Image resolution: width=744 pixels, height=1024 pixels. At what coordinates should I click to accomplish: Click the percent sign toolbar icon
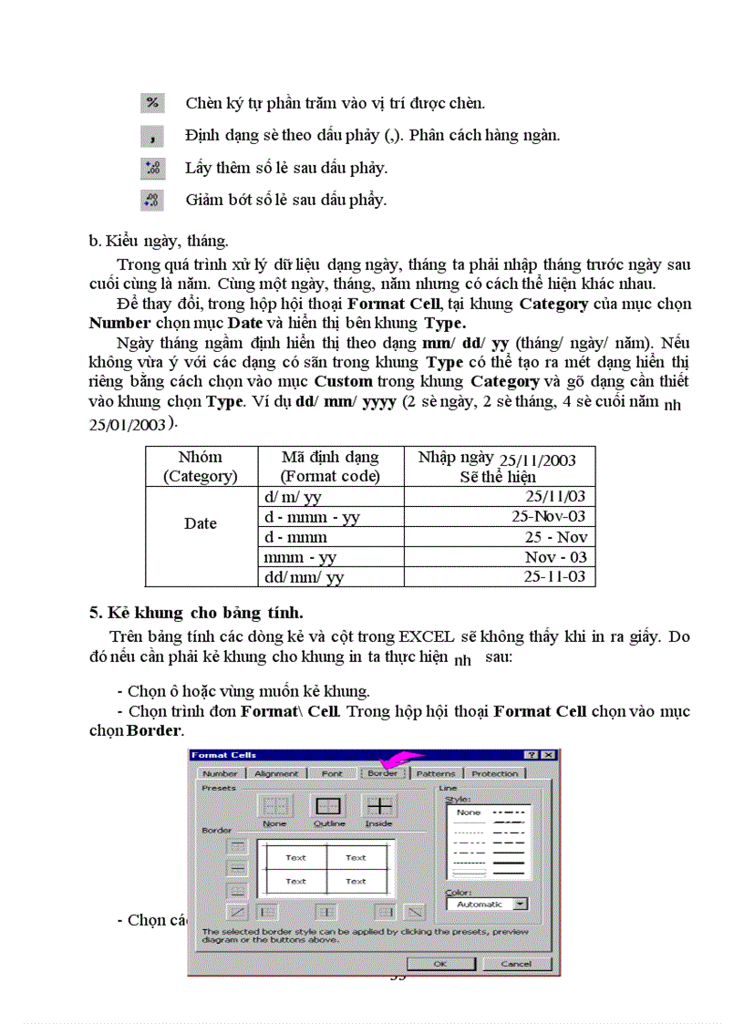pos(152,103)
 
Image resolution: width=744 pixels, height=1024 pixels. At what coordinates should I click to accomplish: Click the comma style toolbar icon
pos(152,136)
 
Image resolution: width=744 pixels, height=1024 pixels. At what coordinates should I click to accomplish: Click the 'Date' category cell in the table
pos(201,523)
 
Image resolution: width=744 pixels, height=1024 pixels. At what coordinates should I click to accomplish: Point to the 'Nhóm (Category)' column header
pos(201,466)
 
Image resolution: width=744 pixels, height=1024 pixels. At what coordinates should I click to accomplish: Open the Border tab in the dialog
pos(382,773)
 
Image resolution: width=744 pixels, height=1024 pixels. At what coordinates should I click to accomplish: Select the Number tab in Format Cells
pos(220,773)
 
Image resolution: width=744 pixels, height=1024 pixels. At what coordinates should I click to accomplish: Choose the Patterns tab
pos(436,773)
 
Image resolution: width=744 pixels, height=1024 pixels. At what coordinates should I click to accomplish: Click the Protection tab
pos(494,773)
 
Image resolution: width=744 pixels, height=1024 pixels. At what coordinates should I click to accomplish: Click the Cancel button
pos(516,963)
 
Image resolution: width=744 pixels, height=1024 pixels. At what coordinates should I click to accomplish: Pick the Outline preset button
pos(328,807)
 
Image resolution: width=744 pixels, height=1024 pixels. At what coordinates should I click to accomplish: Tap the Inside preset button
pos(378,807)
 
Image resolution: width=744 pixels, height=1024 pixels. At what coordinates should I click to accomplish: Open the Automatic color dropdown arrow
pos(521,904)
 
